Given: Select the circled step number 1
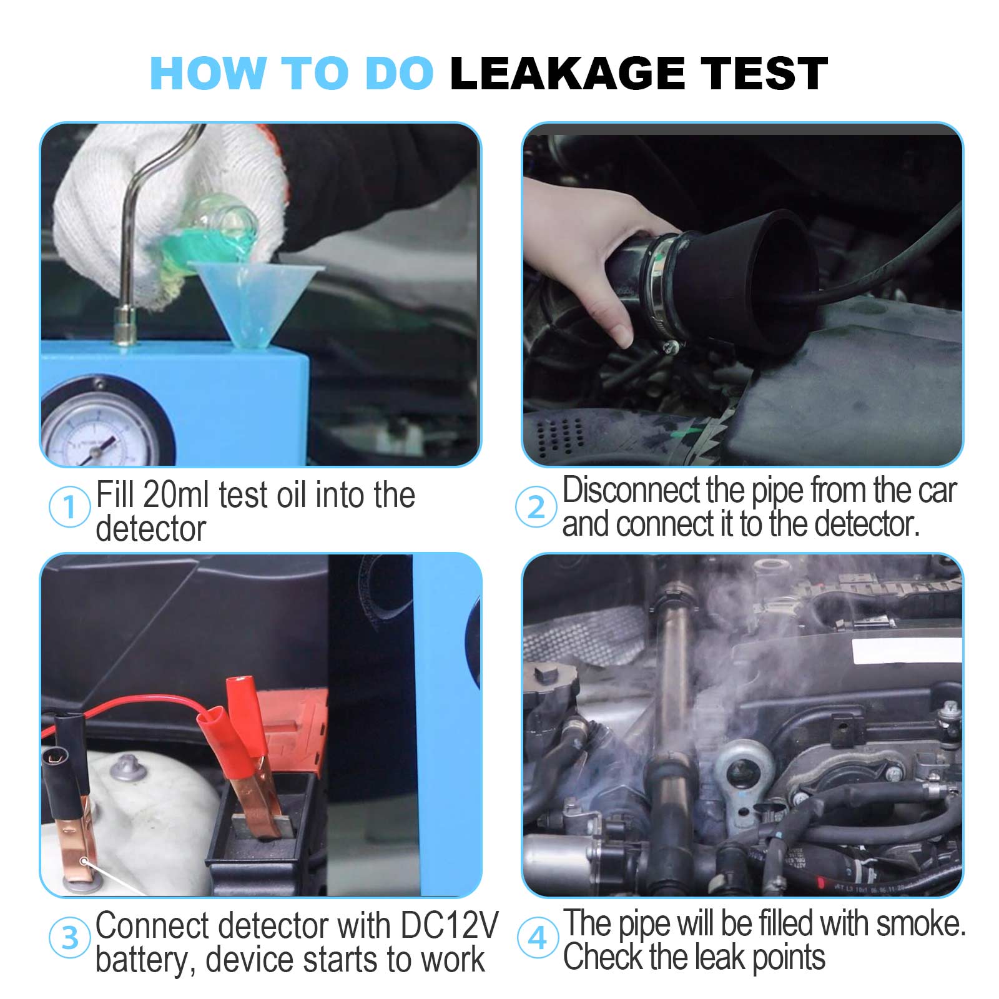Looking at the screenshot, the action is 69,506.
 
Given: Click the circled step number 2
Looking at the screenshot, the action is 536,506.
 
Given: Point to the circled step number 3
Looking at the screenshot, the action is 69,937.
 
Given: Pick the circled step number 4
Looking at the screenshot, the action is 537,937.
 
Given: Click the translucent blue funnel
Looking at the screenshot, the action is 256,300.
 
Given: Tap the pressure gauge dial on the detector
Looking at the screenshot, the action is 100,431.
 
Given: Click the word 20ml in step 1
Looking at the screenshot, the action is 176,496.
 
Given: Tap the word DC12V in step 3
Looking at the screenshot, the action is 449,925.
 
